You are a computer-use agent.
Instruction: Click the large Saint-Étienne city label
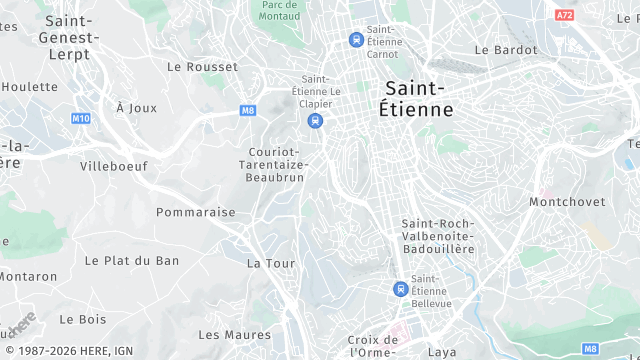(417, 98)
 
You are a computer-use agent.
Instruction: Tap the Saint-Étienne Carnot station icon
(355, 39)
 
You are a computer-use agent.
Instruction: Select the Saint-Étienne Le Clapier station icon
(316, 121)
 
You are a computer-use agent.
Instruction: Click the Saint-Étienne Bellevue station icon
(400, 289)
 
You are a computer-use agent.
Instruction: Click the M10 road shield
(81, 118)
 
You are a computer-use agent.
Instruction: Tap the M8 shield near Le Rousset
(249, 111)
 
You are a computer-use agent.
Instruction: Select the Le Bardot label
(506, 49)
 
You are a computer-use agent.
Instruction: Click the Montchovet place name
(567, 201)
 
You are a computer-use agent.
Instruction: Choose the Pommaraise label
(195, 212)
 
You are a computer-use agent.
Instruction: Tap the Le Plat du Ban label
(132, 260)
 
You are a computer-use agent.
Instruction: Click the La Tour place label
(271, 263)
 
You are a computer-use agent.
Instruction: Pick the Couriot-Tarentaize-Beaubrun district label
(277, 164)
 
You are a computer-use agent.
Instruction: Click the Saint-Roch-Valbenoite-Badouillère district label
(438, 235)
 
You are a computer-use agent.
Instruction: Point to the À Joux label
(137, 107)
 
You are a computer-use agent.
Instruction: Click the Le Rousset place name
(203, 67)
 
